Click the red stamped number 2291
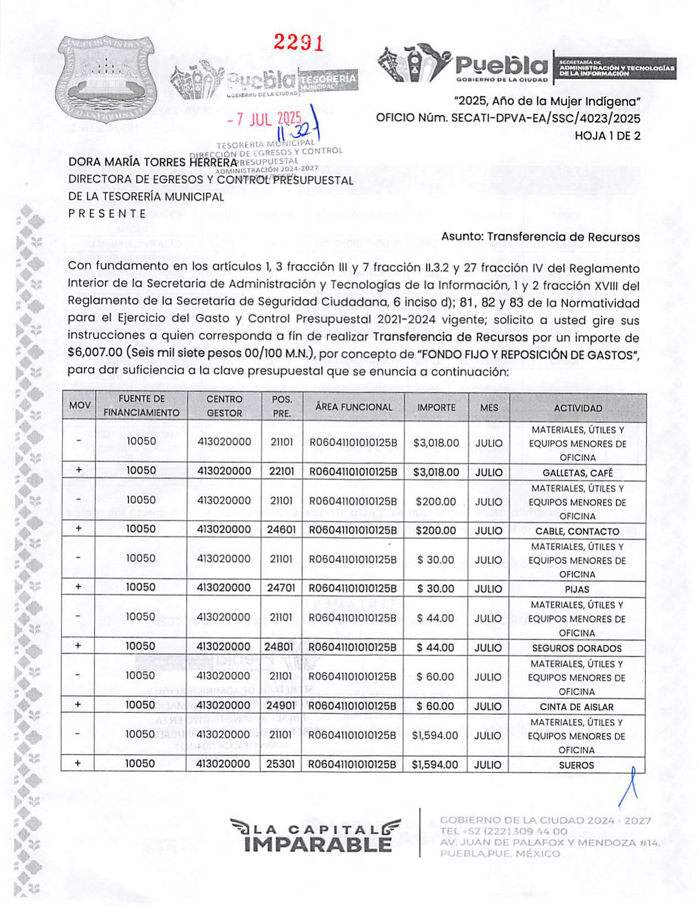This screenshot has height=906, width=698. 298,42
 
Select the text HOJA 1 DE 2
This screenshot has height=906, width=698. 607,136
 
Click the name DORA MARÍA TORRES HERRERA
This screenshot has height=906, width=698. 152,162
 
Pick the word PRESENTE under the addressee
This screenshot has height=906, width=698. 107,214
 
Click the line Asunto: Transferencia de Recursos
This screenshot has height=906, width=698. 540,237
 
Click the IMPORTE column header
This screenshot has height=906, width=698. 436,408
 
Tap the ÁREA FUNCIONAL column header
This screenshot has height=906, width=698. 354,407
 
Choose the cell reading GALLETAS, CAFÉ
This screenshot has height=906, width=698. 577,473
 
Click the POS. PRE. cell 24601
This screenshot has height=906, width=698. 281,530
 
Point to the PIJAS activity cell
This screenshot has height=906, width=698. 577,589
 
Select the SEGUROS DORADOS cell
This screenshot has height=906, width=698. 577,648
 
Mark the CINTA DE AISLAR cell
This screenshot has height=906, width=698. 577,707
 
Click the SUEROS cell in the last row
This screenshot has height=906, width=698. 577,765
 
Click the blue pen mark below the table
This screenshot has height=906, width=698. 630,787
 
